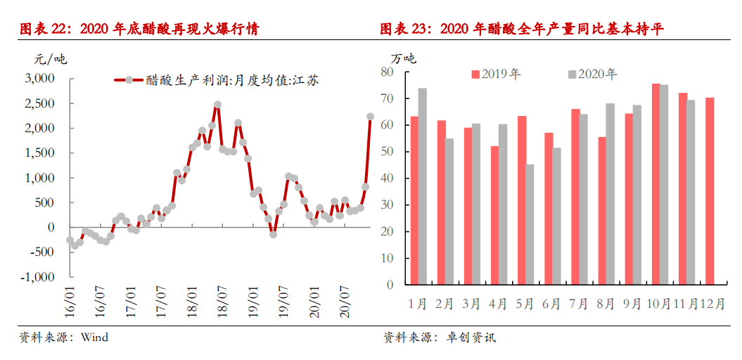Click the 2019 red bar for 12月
710,191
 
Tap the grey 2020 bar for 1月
423,186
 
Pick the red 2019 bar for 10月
655,184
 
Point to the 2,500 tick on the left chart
40,103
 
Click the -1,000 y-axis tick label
39,277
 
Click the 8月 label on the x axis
606,304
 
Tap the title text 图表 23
407,29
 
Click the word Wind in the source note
94,337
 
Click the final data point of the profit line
370,117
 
